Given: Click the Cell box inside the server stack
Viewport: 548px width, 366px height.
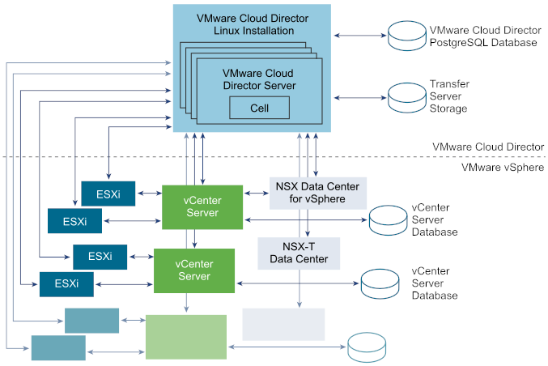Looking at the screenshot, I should tap(259, 108).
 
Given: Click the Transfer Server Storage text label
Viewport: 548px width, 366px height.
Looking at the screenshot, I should tap(449, 96).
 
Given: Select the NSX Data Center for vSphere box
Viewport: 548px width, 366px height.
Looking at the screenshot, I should tap(317, 193).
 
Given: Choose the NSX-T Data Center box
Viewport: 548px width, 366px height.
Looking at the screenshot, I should tap(299, 253).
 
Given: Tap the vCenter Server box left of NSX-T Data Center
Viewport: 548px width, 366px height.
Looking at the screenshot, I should tap(193, 270).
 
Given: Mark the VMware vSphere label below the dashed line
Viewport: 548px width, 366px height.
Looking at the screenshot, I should tap(502, 168).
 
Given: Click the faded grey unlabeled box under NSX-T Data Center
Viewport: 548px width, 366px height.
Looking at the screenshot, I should tap(283, 324).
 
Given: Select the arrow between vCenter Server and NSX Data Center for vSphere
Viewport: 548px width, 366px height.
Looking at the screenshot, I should tap(257, 193).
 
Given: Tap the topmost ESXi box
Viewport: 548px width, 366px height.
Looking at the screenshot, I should tap(103, 193).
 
